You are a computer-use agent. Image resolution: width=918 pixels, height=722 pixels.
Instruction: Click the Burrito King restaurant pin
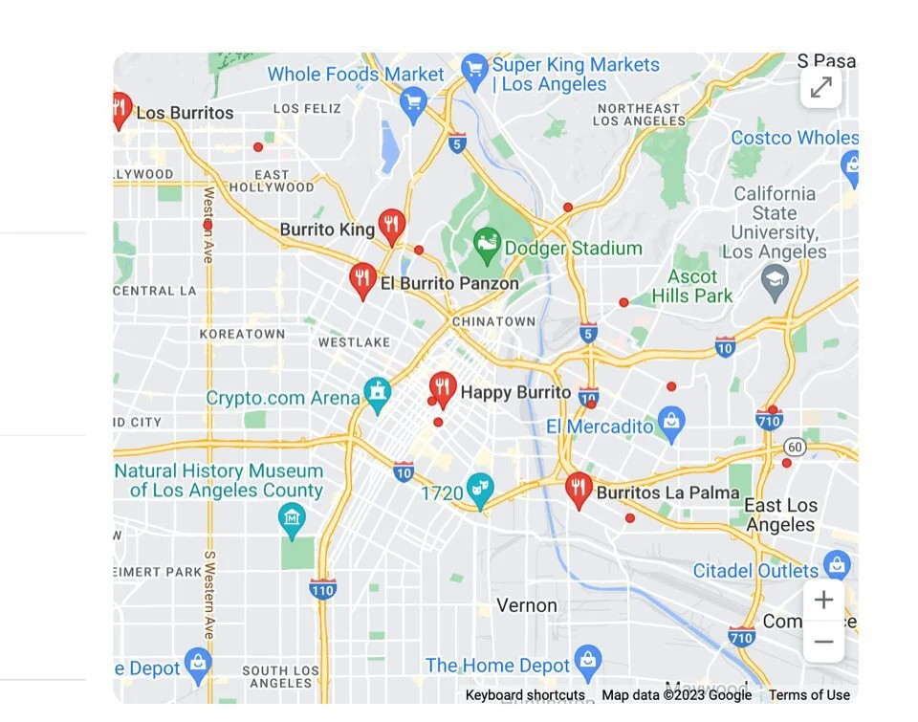[x=391, y=226]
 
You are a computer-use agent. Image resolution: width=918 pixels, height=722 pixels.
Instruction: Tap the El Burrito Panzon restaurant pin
[x=362, y=279]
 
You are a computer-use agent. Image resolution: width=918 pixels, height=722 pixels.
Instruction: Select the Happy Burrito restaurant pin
[x=442, y=388]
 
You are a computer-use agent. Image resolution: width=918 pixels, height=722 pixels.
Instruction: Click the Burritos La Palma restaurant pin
[x=578, y=489]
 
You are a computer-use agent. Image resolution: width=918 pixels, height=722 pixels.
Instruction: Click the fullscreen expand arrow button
[x=820, y=88]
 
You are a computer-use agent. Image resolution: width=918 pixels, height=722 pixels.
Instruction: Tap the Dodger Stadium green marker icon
[x=487, y=246]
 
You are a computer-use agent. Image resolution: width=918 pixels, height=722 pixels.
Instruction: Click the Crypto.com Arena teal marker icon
[x=378, y=393]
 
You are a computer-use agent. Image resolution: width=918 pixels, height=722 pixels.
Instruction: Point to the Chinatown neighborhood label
[x=493, y=321]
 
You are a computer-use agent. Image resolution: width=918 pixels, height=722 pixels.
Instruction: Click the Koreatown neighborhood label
[x=242, y=334]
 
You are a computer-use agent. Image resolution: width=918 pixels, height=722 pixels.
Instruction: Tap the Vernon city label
[x=526, y=605]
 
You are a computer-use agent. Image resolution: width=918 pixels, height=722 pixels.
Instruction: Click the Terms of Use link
[x=809, y=695]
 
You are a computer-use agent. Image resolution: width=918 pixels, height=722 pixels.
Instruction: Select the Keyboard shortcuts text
[x=525, y=695]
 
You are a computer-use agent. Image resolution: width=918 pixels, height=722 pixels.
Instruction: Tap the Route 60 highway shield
[x=794, y=447]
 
